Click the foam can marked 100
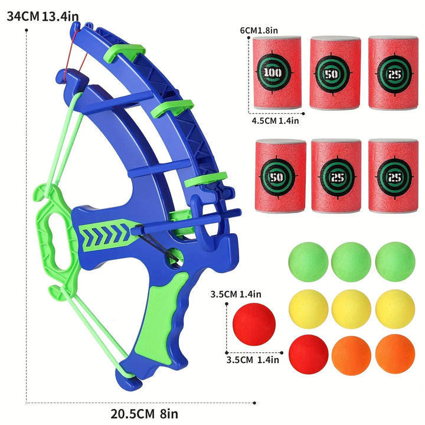pos(276,73)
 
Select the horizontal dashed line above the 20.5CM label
pos(142,403)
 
